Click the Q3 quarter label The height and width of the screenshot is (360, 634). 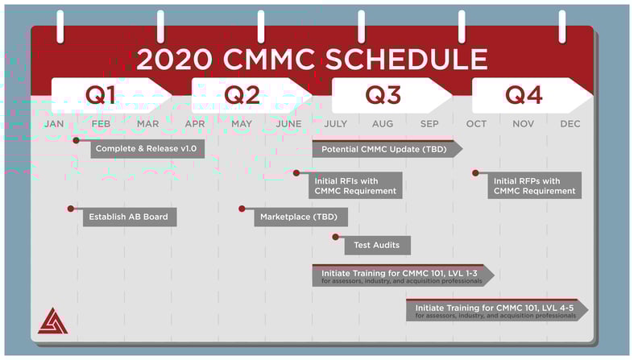click(383, 95)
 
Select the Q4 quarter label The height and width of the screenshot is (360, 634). click(524, 95)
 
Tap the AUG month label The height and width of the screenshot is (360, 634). click(383, 124)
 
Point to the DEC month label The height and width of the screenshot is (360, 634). click(570, 124)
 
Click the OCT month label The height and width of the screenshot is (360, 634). click(476, 124)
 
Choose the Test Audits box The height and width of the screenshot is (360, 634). click(377, 246)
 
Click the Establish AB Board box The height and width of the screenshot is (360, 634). click(130, 217)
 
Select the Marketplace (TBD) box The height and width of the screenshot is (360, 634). click(300, 217)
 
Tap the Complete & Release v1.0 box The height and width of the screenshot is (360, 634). click(147, 149)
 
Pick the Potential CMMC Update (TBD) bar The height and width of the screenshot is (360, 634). click(387, 149)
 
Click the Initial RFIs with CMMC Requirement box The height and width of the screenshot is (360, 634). click(355, 185)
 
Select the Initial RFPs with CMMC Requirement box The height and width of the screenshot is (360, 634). click(535, 185)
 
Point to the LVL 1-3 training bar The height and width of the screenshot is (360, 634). click(403, 275)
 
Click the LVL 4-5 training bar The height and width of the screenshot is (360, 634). click(497, 310)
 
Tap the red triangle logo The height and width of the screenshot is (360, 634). click(52, 321)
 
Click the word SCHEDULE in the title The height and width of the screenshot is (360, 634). click(406, 59)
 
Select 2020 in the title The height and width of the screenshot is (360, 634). click(175, 59)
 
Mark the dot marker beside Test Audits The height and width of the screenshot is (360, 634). click(336, 237)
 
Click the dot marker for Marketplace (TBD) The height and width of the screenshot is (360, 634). click(242, 209)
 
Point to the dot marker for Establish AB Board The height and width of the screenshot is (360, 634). click(71, 209)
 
